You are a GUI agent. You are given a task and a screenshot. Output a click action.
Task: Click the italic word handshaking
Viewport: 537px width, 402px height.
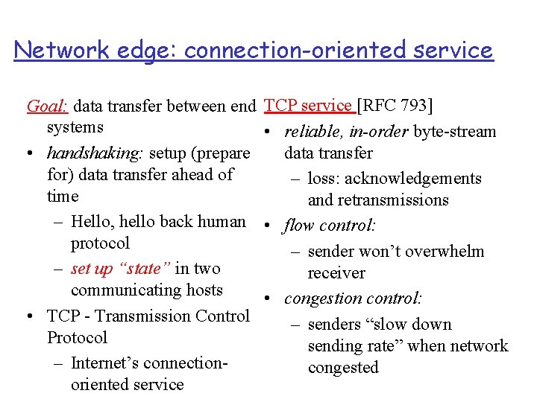[x=95, y=153]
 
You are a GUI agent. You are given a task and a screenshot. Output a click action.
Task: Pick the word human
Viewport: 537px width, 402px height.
[x=222, y=222]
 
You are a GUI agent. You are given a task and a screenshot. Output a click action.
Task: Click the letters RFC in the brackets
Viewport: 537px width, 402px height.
[x=380, y=106]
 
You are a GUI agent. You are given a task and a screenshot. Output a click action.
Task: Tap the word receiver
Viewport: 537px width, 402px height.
[x=336, y=273]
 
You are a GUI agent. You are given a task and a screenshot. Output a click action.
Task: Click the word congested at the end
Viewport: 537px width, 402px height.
[x=343, y=368]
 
